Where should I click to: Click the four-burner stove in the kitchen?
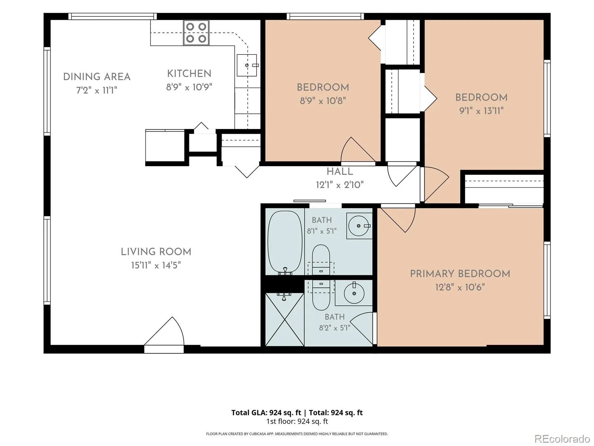coord(196,33)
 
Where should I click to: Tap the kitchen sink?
coord(247,65)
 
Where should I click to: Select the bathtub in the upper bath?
coord(285,242)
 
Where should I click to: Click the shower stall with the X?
coord(285,320)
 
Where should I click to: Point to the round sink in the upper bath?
coord(359,226)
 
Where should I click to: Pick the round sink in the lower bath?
coord(354,293)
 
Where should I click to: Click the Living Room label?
coord(156,252)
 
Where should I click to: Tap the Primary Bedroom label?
coord(460,274)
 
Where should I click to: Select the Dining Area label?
coord(97,77)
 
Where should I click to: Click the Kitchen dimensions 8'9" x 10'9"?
coord(189,87)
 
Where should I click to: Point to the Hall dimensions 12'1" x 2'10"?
coord(340,185)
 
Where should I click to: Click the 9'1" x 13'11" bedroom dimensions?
coord(482,111)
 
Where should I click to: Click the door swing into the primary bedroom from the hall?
coord(398,219)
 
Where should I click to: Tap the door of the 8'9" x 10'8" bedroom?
coord(358,151)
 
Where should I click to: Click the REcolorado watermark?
coord(562,439)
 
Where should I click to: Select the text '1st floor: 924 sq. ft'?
coord(297,421)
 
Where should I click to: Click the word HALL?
coord(340,172)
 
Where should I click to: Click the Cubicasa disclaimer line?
coord(297,433)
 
